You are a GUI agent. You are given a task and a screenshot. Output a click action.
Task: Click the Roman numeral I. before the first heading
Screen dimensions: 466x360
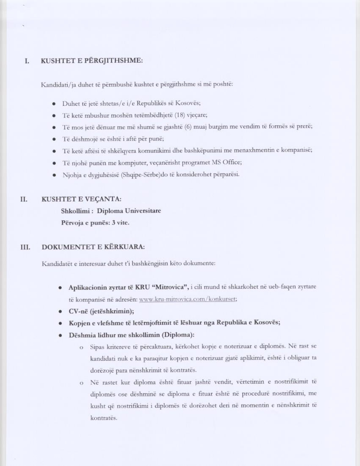pyautogui.click(x=27, y=61)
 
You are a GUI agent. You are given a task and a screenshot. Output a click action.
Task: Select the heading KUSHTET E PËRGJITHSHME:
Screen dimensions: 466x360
pyautogui.click(x=92, y=61)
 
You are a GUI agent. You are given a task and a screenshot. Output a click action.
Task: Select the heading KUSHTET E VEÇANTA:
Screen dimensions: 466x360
pyautogui.click(x=82, y=199)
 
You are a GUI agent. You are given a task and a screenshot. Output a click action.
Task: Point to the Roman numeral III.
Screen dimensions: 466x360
pyautogui.click(x=25, y=247)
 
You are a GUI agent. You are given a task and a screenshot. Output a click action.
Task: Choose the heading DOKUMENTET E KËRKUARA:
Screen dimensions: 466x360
pyautogui.click(x=93, y=247)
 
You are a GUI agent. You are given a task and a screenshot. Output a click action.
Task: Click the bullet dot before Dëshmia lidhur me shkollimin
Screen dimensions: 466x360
pyautogui.click(x=60, y=336)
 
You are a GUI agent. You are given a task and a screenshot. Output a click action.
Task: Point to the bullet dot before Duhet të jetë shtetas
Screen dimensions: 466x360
pyautogui.click(x=54, y=104)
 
